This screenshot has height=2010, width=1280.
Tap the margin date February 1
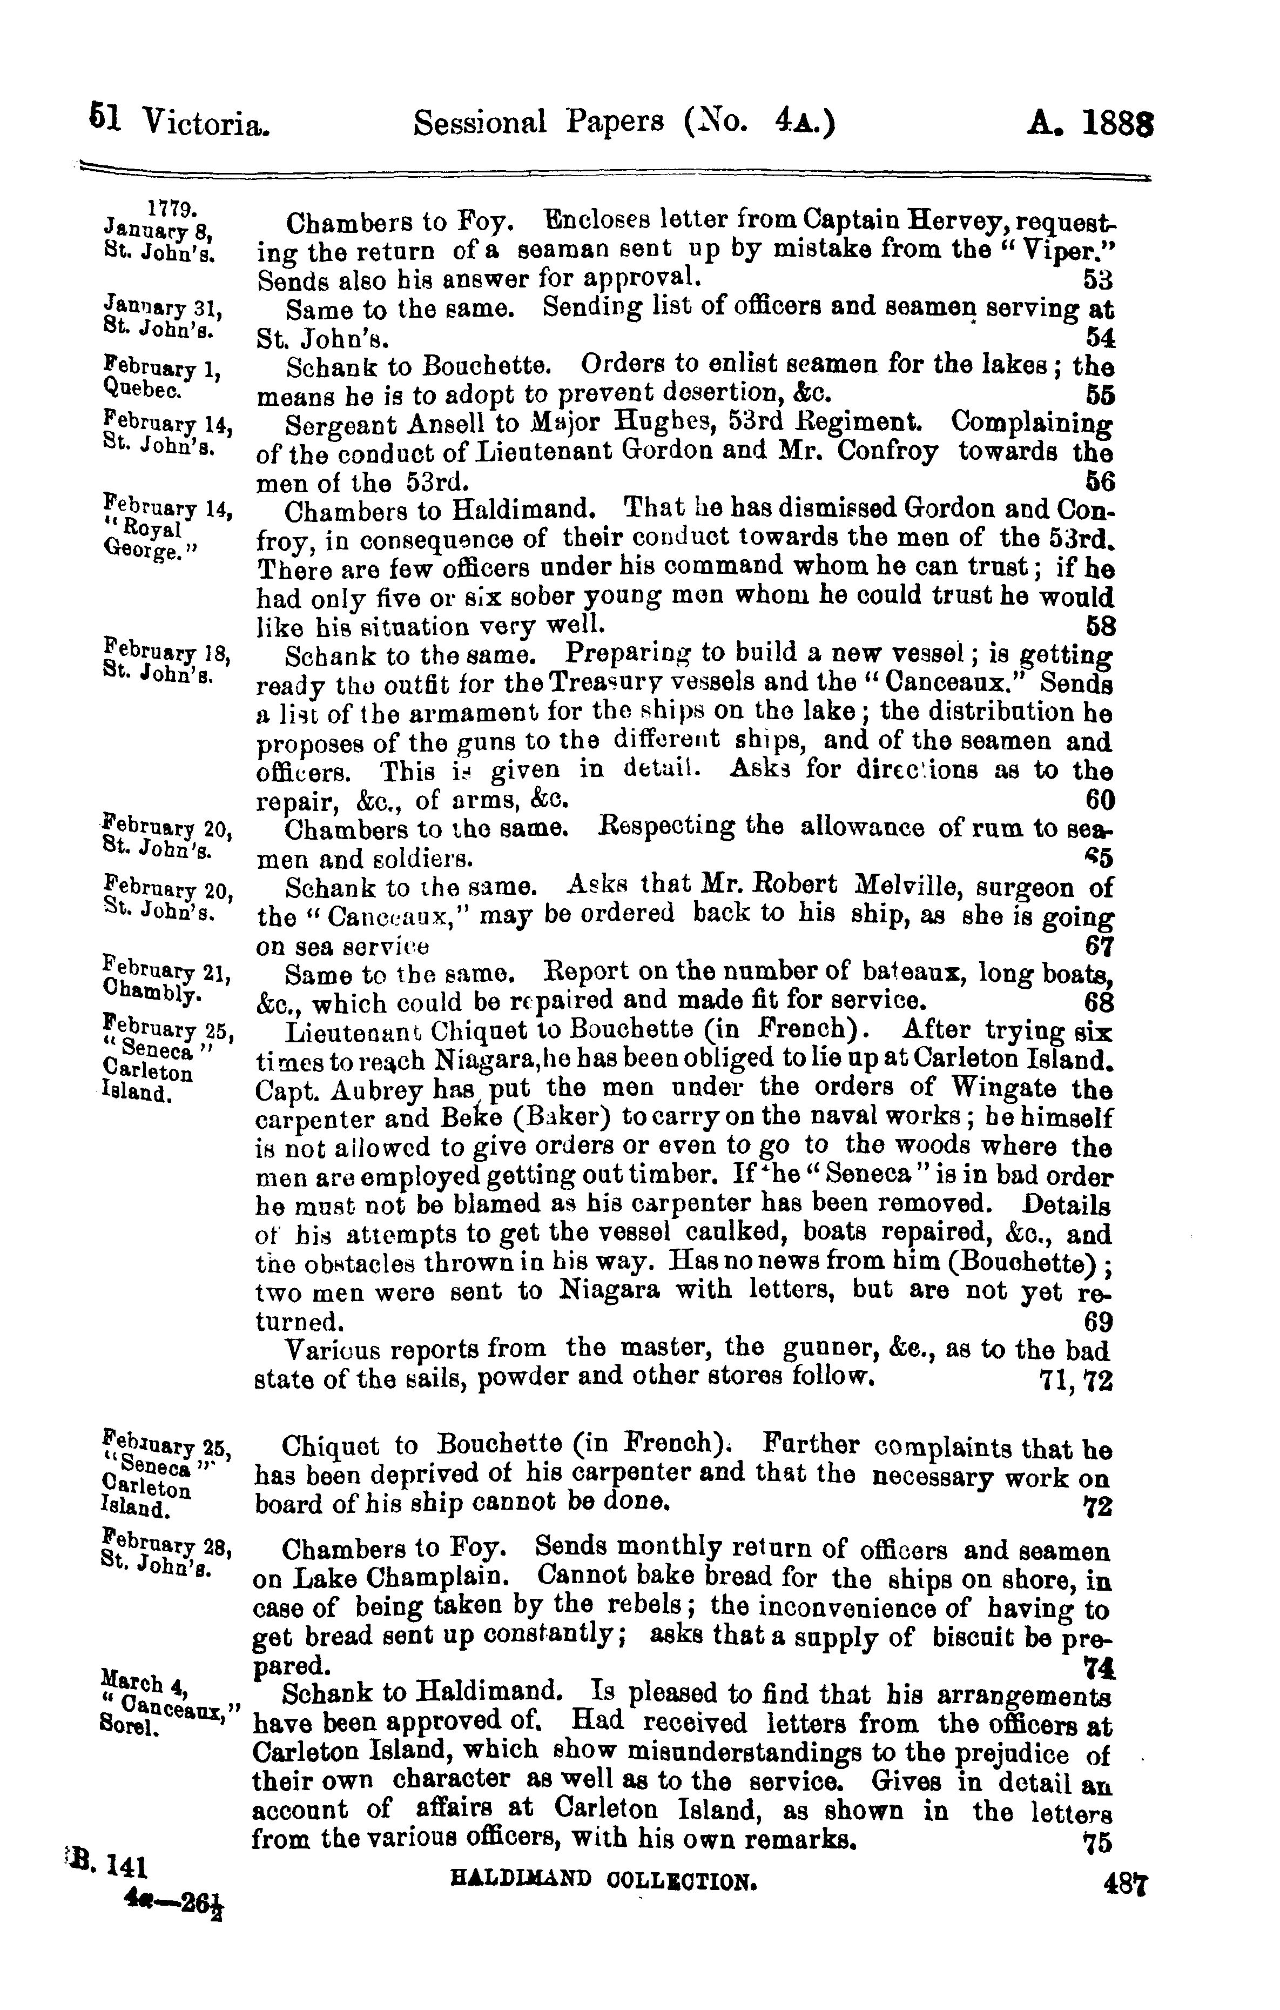pyautogui.click(x=161, y=367)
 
